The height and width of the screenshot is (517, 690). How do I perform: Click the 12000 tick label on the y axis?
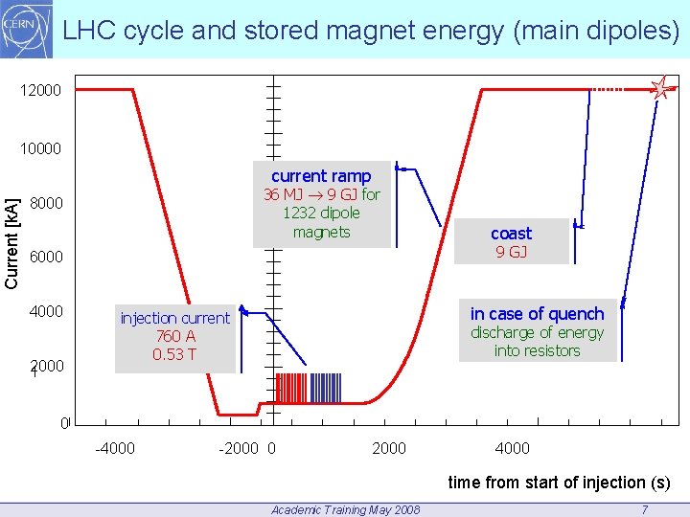tap(41, 91)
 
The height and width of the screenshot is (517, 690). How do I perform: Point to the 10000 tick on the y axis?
tap(41, 149)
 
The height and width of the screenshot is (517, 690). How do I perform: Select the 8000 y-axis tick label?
tap(46, 204)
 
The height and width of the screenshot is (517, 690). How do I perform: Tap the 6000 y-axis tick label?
tap(46, 258)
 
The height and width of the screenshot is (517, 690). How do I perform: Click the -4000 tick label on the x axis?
tap(114, 448)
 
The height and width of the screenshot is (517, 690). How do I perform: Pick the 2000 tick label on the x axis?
tap(388, 448)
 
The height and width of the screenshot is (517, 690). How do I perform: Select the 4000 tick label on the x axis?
tap(511, 448)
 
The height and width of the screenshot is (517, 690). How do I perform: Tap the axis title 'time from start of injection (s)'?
tap(559, 483)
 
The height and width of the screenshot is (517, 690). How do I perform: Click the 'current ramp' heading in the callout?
tap(321, 176)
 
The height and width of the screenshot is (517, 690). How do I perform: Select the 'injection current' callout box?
tap(174, 336)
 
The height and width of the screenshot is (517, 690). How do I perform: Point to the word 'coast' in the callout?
tap(511, 234)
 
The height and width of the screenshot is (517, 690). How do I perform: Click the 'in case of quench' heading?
tap(537, 314)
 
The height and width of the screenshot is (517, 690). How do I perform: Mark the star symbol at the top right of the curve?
tap(660, 89)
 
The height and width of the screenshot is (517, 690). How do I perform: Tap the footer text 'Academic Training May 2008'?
tap(345, 509)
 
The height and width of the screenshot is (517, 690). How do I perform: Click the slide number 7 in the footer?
tap(644, 509)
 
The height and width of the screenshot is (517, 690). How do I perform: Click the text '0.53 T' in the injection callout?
tap(174, 354)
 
